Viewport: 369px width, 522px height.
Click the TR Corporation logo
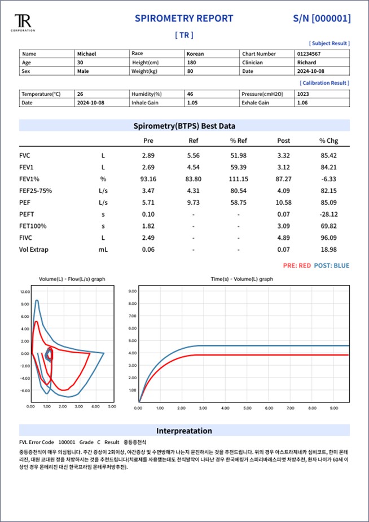coord(23,23)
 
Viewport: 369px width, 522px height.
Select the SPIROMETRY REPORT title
coord(184,19)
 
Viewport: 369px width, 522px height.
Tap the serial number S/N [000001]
coord(322,19)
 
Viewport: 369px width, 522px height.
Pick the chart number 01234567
coord(309,54)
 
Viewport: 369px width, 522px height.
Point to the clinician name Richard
coord(306,63)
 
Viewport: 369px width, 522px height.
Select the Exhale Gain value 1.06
coord(302,103)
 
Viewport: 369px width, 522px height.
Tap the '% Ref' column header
coord(238,141)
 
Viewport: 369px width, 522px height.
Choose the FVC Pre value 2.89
coord(148,155)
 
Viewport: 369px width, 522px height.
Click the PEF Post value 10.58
coord(284,203)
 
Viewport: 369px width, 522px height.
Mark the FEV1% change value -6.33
coord(328,179)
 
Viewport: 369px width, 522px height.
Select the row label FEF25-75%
coord(36,191)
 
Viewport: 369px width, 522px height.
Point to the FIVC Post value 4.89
coord(284,238)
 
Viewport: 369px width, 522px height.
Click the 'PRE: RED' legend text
coord(297,266)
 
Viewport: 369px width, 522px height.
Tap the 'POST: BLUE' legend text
coord(332,266)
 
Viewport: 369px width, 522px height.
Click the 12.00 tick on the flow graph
coord(25,292)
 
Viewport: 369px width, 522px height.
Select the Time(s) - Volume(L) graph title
coord(241,279)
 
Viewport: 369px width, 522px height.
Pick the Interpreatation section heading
coord(184,431)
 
